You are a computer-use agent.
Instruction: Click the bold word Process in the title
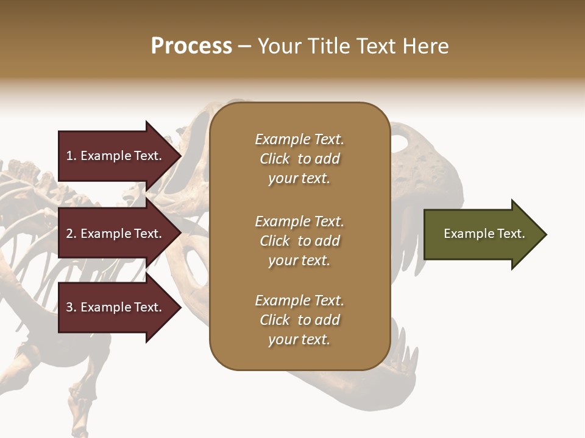point(191,46)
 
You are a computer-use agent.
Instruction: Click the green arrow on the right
point(481,234)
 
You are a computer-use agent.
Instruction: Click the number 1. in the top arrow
point(71,156)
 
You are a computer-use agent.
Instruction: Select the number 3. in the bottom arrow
point(71,307)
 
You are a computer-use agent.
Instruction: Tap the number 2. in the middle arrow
point(71,234)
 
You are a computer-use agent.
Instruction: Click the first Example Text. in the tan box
point(299,139)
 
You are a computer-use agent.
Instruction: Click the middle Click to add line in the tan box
point(299,241)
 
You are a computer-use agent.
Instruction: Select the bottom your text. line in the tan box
point(299,340)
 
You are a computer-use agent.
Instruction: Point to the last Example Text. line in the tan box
point(299,301)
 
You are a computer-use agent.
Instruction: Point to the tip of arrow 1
point(180,156)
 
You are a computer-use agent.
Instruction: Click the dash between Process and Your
point(245,46)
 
